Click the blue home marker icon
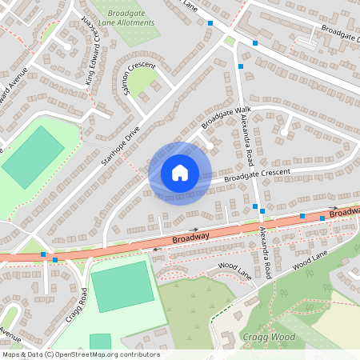[x=180, y=173]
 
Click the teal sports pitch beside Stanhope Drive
[x=33, y=155]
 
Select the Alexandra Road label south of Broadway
[x=266, y=250]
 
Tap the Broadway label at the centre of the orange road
[x=190, y=237]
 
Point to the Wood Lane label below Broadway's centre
[x=235, y=270]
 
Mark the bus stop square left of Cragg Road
[x=43, y=254]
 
